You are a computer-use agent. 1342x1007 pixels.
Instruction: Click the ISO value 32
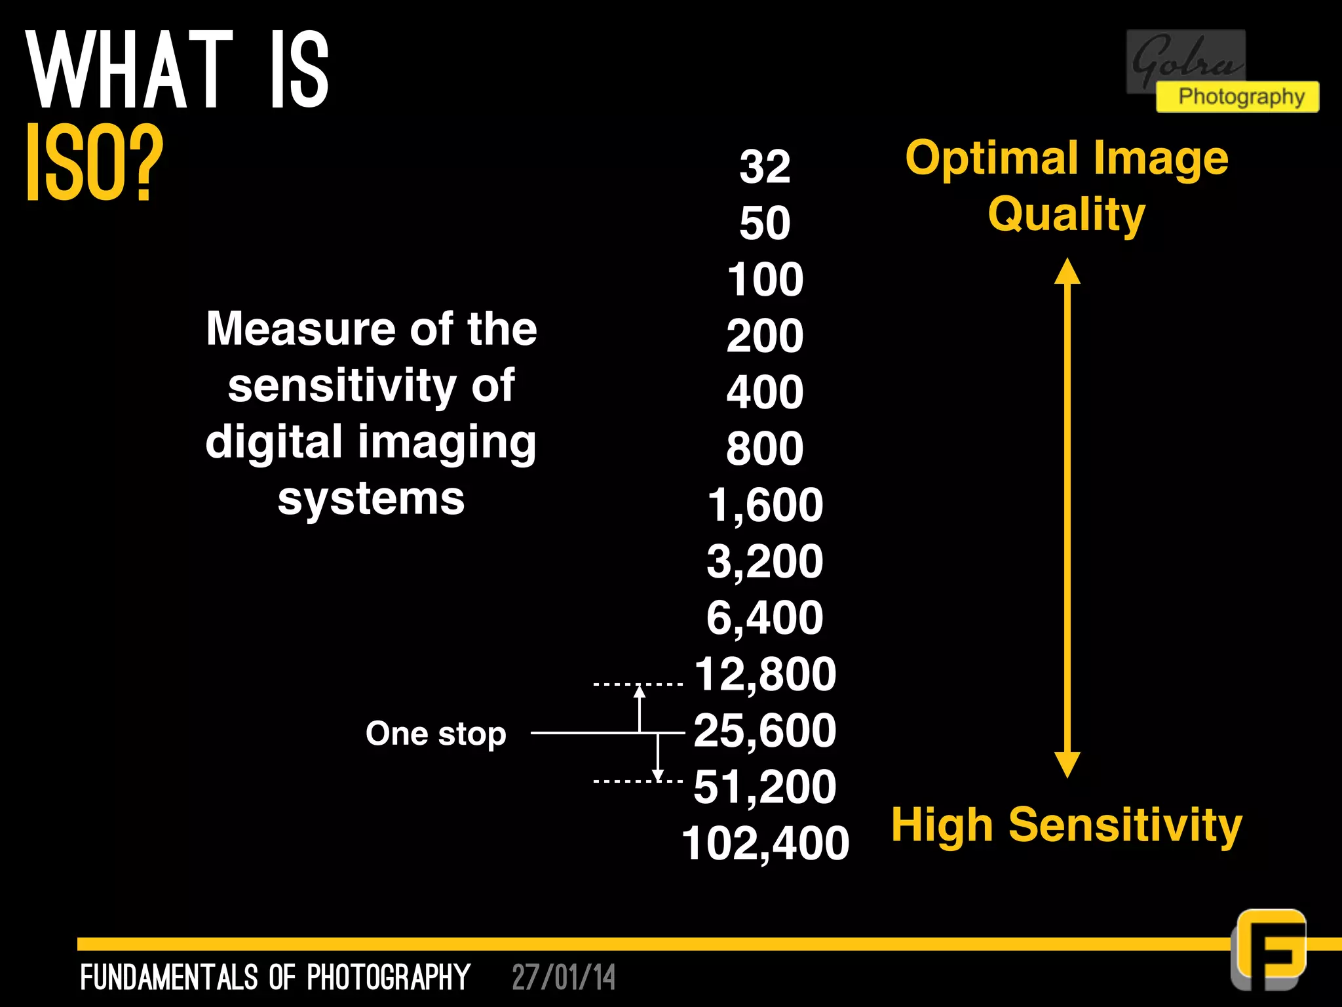click(x=765, y=167)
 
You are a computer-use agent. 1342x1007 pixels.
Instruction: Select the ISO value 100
click(x=765, y=279)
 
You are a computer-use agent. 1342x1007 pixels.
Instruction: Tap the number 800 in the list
click(x=765, y=448)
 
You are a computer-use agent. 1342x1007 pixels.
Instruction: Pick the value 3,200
click(x=765, y=561)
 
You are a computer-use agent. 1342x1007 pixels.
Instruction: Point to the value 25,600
click(x=765, y=730)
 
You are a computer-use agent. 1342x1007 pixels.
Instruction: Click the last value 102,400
click(x=765, y=843)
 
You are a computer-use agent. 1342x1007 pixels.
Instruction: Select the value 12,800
click(x=765, y=674)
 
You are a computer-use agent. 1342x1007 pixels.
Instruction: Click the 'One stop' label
click(x=436, y=734)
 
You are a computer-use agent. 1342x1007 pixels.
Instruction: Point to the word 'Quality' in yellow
click(x=1066, y=214)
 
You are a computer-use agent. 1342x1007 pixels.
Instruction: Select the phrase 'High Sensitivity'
click(x=1066, y=825)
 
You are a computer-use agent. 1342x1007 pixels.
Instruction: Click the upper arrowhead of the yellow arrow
click(x=1067, y=271)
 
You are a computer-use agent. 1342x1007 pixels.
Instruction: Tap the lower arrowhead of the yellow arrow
click(x=1067, y=764)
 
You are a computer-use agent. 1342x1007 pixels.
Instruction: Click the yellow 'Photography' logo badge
click(x=1237, y=97)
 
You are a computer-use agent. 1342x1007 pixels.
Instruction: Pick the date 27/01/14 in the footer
click(x=564, y=977)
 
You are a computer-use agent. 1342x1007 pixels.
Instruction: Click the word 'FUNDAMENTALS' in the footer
click(x=169, y=977)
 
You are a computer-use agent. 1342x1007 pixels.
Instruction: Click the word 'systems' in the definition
click(x=371, y=500)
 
